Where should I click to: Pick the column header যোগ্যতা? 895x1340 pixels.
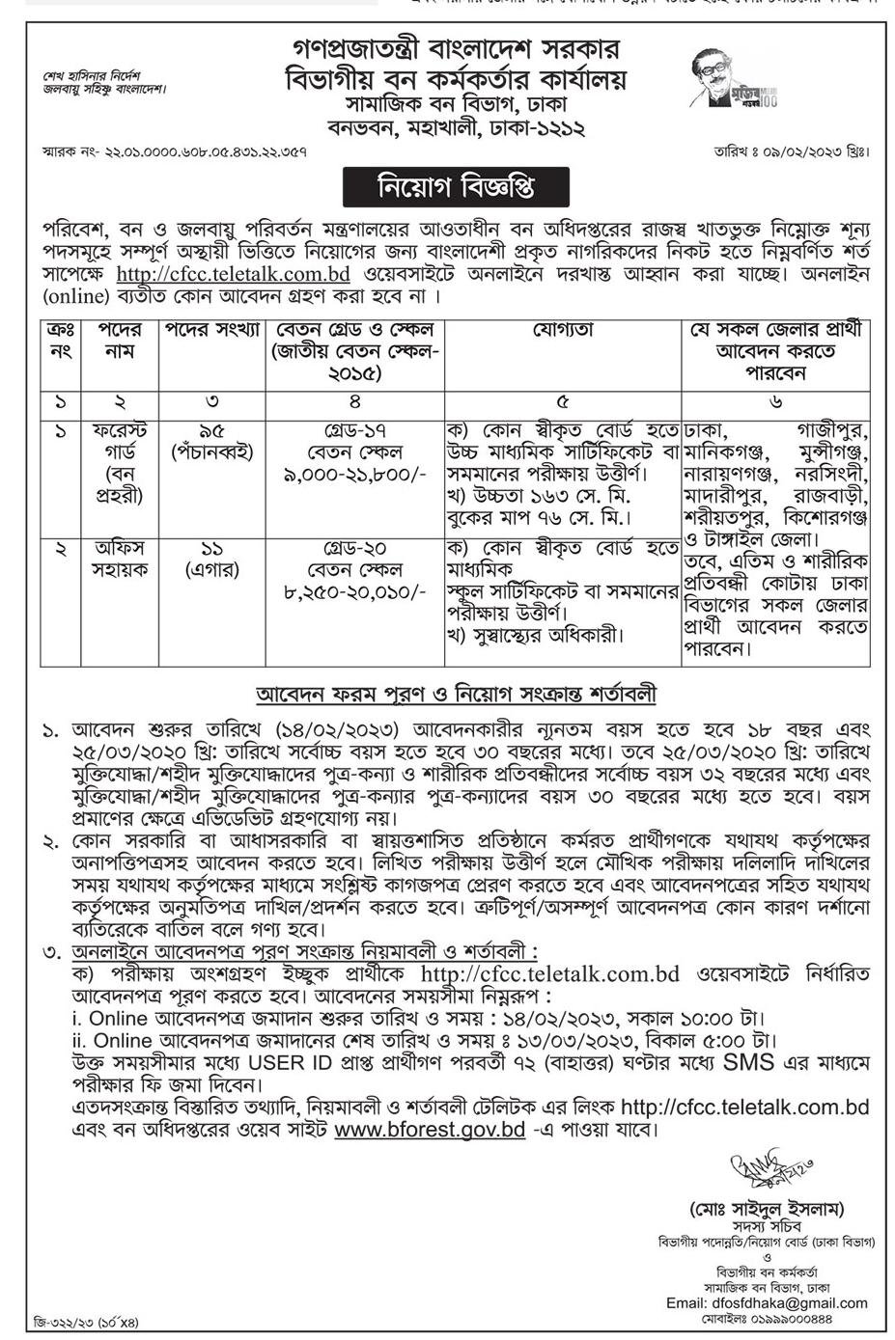(563, 330)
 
